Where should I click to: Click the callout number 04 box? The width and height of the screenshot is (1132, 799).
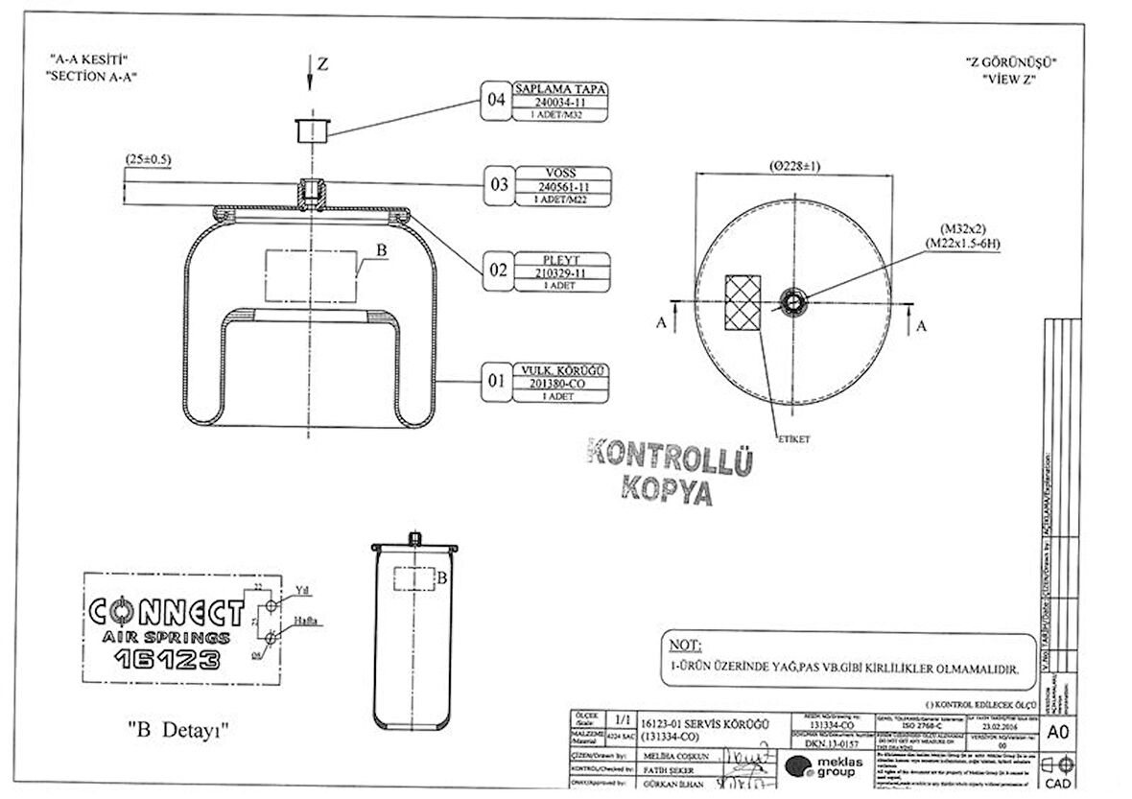pos(497,100)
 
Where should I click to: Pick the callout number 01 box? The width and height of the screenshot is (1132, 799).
pos(497,382)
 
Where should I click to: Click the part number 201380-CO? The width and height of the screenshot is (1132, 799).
pos(561,383)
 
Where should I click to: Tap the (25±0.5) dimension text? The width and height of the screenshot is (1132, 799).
pos(148,159)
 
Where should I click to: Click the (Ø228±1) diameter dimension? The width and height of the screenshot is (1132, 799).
pos(793,165)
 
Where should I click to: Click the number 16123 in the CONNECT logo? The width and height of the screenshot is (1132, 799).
pos(167,659)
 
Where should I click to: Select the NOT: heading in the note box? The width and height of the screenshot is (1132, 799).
pos(686,644)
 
